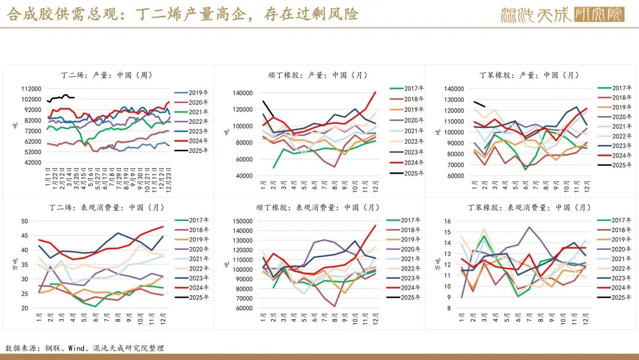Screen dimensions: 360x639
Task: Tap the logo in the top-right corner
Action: click(x=562, y=14)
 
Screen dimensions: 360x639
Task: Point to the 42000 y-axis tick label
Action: click(x=33, y=162)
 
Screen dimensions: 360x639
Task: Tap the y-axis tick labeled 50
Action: click(x=25, y=221)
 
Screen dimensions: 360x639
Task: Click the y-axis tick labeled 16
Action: click(x=447, y=221)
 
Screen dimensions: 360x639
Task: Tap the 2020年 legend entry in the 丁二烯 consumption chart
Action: click(x=198, y=249)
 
